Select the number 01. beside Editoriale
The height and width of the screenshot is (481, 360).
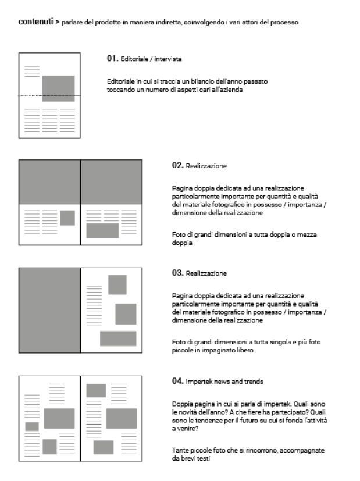112,59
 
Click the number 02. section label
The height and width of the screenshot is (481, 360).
177,166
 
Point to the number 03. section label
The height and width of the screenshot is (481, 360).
177,272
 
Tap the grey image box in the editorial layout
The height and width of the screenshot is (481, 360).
58,88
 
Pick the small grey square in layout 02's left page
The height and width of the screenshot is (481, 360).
67,218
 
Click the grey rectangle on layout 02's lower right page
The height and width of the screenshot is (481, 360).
102,230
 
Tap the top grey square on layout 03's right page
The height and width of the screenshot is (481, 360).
117,284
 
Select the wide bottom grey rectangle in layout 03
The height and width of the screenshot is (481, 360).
118,339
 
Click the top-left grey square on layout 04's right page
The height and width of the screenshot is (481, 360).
96,390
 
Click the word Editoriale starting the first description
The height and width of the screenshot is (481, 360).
120,83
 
